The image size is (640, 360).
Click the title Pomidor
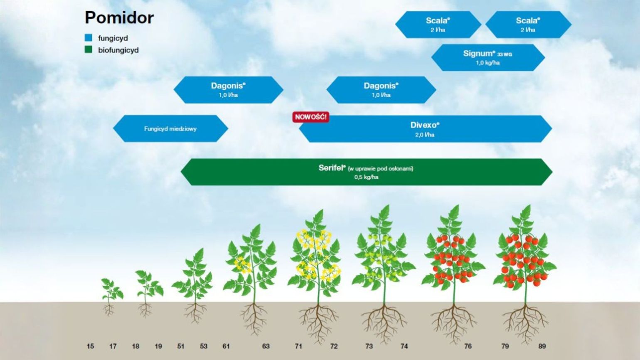[119, 18]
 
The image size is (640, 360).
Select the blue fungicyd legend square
[89, 38]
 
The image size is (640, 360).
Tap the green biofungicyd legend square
[89, 50]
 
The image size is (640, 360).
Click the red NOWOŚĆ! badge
[310, 117]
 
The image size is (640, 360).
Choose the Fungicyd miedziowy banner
[170, 128]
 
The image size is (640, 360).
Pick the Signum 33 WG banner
[488, 57]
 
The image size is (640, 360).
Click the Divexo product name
[425, 125]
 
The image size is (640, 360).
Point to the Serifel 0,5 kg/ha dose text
[367, 177]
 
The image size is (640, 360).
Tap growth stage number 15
[90, 346]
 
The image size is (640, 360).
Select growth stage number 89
[542, 346]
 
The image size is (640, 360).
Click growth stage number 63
[266, 346]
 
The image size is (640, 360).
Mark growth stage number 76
[468, 346]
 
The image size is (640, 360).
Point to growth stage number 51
[180, 346]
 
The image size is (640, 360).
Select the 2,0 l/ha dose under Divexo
[425, 135]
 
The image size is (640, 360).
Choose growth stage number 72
[334, 346]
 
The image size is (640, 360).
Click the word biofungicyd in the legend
[118, 50]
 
